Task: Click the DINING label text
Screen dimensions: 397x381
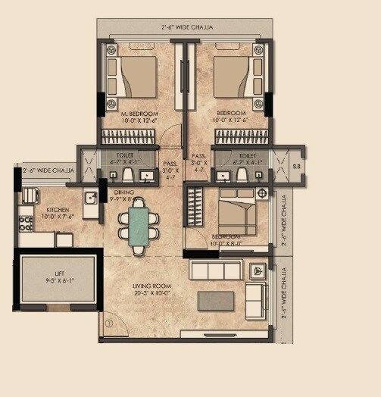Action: [x=125, y=193]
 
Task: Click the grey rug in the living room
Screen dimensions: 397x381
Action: [x=217, y=301]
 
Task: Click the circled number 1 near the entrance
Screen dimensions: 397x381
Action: [x=108, y=324]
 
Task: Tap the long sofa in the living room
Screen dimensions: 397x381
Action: [x=215, y=271]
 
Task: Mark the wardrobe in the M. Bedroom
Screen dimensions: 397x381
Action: [x=131, y=136]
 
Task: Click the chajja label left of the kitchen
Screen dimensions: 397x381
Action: [x=48, y=170]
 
